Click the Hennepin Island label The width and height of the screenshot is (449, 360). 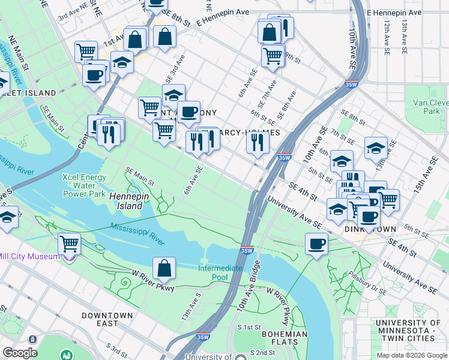pos(125,200)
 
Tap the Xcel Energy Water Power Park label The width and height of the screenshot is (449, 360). pos(85,185)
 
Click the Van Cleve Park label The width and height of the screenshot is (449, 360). pos(430,107)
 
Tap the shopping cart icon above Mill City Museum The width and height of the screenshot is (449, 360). pos(70,244)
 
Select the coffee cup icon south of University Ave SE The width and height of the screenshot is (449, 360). pos(316,244)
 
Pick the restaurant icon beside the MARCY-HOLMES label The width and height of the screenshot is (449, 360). pos(256,142)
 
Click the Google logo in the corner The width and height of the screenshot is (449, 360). pos(20,353)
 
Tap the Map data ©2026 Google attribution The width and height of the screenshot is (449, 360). pos(412,355)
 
